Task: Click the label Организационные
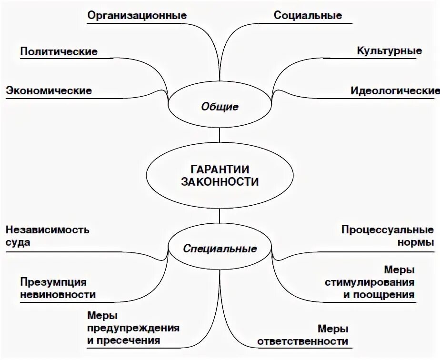(x=137, y=15)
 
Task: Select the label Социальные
(x=308, y=15)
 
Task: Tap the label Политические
(x=59, y=51)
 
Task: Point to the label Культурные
(x=389, y=51)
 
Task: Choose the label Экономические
(x=49, y=90)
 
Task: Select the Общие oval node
(x=220, y=107)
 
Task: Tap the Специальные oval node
(x=220, y=249)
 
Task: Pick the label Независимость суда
(x=47, y=236)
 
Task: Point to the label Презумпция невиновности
(x=58, y=288)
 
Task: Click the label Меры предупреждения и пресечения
(x=133, y=328)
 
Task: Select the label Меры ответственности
(x=302, y=335)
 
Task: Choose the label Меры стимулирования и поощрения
(x=370, y=282)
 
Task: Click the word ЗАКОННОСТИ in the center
(x=220, y=182)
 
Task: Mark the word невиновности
(x=58, y=294)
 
